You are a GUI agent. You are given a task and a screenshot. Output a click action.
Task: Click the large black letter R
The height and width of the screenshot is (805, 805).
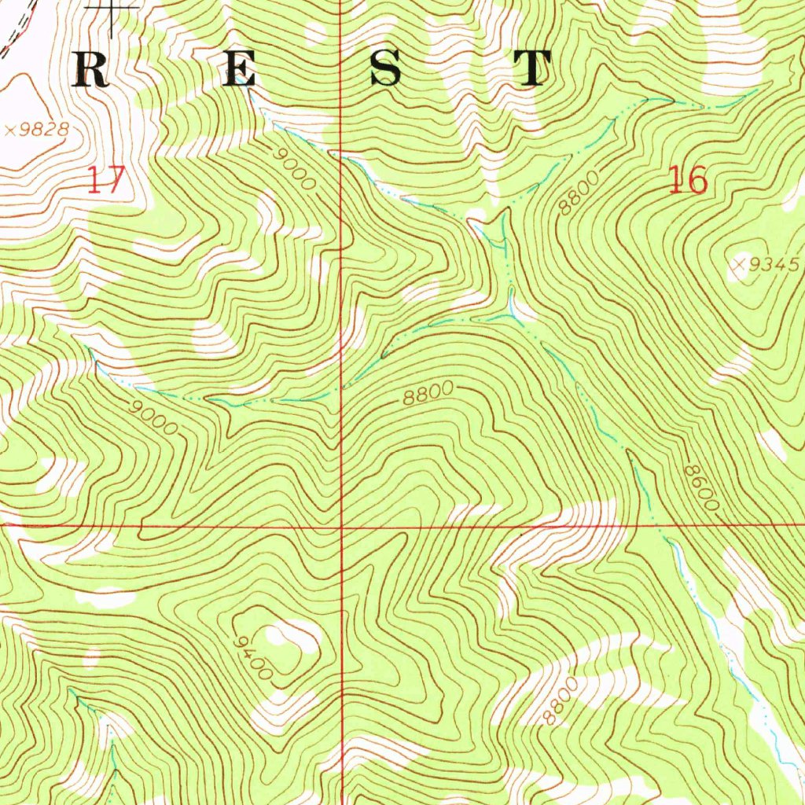91,70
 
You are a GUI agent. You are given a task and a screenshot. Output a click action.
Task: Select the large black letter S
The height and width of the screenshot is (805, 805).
386,69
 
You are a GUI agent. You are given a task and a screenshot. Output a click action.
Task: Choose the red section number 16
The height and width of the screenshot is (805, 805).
688,181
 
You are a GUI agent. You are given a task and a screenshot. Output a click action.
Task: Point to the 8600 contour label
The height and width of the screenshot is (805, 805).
700,487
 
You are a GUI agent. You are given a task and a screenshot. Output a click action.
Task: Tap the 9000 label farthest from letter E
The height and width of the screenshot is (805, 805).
155,417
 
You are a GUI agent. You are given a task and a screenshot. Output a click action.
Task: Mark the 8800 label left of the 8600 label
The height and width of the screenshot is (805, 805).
428,394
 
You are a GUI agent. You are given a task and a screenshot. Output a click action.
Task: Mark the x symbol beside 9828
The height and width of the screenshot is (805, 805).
9,130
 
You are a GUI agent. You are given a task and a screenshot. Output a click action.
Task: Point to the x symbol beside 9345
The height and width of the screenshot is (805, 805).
739,266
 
